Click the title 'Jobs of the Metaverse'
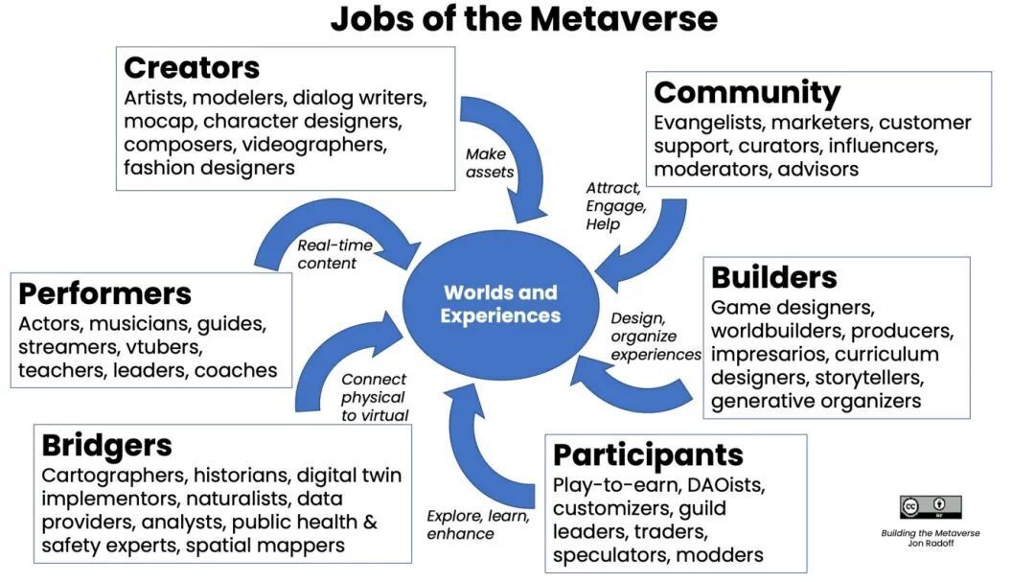pyautogui.click(x=523, y=18)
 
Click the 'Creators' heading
pyautogui.click(x=192, y=68)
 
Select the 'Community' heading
pyautogui.click(x=747, y=93)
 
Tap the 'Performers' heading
pyautogui.click(x=104, y=293)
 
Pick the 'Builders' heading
pyautogui.click(x=773, y=278)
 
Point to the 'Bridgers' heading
pyautogui.click(x=106, y=446)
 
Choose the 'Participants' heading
pyautogui.click(x=648, y=454)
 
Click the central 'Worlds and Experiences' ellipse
pyautogui.click(x=500, y=304)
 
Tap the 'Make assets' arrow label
pyautogui.click(x=490, y=163)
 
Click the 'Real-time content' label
pyautogui.click(x=334, y=254)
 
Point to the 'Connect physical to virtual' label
pyautogui.click(x=375, y=397)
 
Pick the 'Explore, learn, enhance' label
pyautogui.click(x=477, y=524)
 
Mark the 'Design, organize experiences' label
pyautogui.click(x=655, y=337)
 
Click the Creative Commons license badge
pyautogui.click(x=930, y=507)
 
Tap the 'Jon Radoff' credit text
pyautogui.click(x=930, y=544)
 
